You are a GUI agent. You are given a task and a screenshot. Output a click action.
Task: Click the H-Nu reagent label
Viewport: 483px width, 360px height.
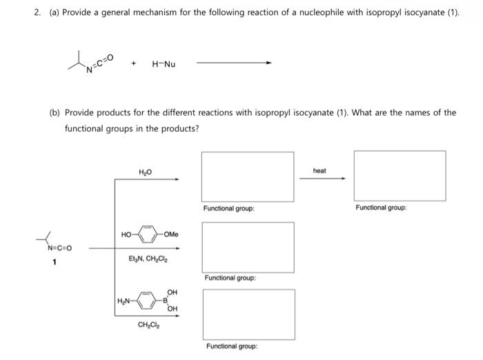coord(164,64)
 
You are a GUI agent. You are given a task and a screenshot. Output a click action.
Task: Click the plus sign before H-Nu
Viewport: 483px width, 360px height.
coord(135,64)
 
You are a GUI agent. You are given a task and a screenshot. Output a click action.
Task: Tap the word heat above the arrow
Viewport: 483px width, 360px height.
coord(319,170)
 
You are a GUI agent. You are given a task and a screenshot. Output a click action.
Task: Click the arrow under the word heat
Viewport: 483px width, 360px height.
coord(322,179)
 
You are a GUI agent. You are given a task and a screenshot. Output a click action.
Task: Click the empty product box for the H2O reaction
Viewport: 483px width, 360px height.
coord(248,177)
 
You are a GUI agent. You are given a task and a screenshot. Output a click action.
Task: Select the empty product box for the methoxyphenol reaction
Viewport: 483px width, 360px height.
coord(248,247)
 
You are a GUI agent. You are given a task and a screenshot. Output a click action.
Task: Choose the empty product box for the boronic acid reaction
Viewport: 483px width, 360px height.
coord(248,314)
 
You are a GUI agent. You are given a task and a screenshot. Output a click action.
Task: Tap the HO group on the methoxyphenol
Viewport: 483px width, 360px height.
coord(126,235)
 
